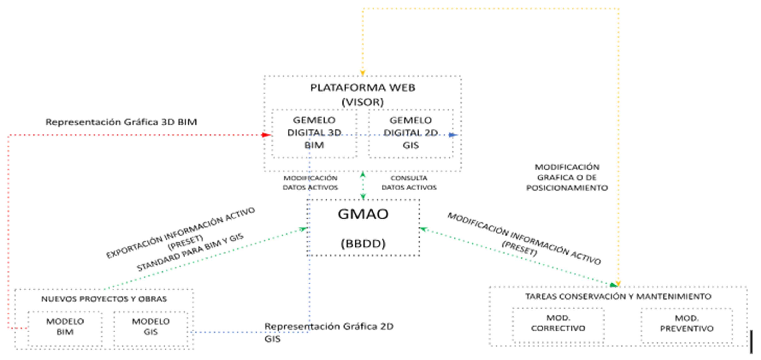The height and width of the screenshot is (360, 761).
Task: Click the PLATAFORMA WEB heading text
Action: click(363, 88)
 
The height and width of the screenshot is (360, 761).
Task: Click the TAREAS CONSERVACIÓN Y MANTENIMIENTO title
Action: click(618, 297)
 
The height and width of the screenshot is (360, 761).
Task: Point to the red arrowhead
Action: click(266, 135)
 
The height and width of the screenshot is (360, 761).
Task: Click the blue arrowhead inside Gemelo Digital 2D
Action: click(453, 135)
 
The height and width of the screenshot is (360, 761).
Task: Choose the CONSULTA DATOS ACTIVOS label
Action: click(409, 183)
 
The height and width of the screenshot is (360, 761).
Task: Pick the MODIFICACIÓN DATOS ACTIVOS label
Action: click(310, 183)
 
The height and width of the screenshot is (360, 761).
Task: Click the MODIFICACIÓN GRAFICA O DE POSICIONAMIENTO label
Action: click(567, 177)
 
